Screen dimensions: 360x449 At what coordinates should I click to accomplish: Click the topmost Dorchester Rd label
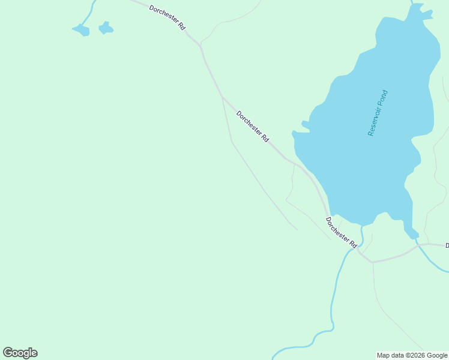click(167, 18)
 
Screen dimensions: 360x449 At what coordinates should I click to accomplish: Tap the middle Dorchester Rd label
click(252, 126)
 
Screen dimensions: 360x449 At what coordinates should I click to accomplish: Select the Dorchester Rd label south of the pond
click(342, 233)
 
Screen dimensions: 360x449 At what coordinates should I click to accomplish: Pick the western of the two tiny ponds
click(81, 29)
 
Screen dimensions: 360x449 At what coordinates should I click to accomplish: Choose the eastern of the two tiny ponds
click(106, 28)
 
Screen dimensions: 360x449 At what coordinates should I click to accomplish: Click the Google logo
click(20, 353)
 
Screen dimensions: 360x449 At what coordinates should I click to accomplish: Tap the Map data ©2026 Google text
click(412, 355)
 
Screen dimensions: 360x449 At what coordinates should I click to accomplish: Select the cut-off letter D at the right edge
click(447, 245)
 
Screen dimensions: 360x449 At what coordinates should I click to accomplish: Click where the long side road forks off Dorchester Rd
click(222, 96)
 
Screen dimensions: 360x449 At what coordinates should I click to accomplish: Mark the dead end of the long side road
click(297, 229)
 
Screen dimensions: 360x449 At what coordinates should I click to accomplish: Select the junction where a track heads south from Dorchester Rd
click(372, 262)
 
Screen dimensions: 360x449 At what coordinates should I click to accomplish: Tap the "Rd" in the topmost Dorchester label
click(181, 27)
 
